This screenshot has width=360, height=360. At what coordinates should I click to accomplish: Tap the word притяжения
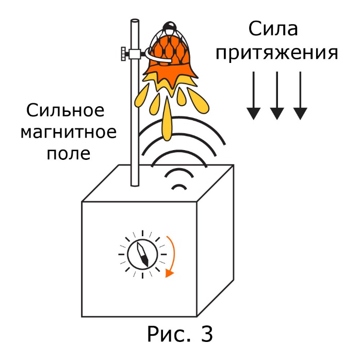pos(277,54)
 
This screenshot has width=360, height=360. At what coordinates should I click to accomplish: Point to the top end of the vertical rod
pos(135,23)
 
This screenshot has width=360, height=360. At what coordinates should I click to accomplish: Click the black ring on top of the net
pos(169,25)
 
